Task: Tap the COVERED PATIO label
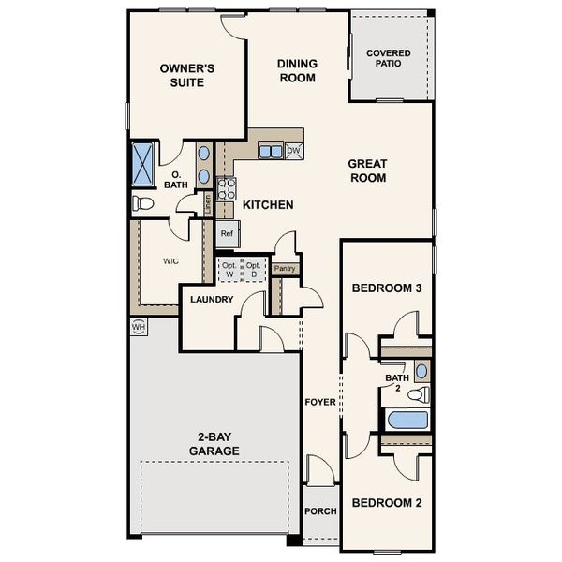[x=390, y=59]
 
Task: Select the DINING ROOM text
[x=297, y=70]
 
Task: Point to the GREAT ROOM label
[x=367, y=170]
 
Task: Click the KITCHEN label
[x=269, y=204]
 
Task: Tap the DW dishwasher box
[x=293, y=151]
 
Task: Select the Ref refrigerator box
[x=227, y=233]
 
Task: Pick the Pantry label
[x=285, y=269]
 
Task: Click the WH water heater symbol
[x=139, y=327]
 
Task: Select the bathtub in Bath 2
[x=406, y=420]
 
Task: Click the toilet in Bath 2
[x=421, y=393]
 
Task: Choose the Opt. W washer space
[x=229, y=270]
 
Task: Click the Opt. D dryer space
[x=253, y=270]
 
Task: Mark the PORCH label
[x=320, y=511]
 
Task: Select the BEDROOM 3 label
[x=387, y=288]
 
